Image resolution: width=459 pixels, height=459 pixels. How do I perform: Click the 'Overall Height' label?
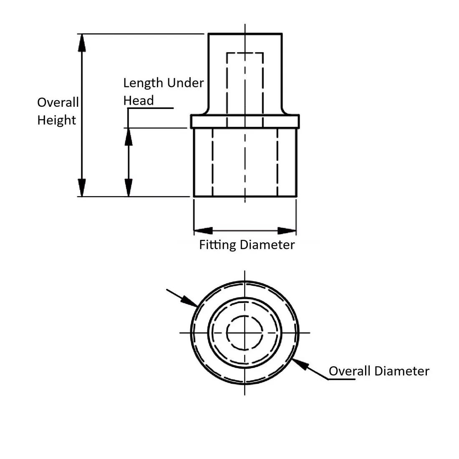(58, 111)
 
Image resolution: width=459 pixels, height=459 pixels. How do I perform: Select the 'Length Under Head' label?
(163, 91)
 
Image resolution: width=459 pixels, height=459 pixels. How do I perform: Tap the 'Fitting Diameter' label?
(247, 245)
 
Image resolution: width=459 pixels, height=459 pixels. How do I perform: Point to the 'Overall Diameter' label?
(378, 371)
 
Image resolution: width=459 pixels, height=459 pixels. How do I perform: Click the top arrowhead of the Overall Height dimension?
(82, 42)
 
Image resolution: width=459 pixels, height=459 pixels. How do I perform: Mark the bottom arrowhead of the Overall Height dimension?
(82, 188)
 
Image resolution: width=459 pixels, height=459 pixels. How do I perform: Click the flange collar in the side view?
(245, 121)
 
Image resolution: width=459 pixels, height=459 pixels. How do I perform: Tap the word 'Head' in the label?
(139, 101)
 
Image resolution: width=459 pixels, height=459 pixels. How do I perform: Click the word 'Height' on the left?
(57, 120)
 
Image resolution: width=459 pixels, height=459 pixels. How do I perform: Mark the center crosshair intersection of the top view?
(245, 333)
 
